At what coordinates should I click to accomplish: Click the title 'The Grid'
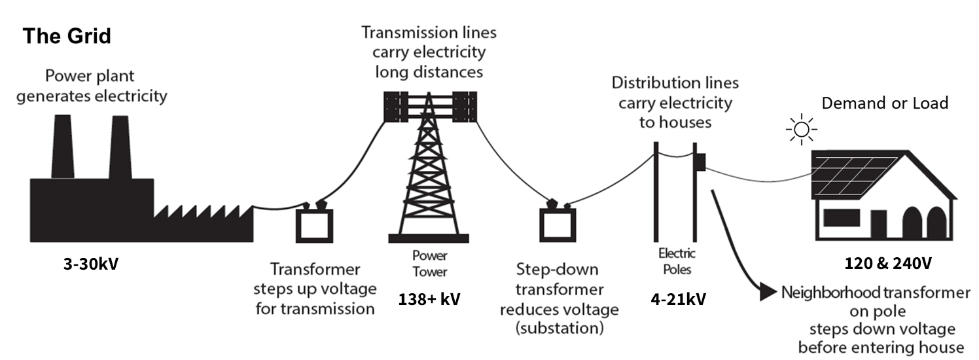[x=67, y=36]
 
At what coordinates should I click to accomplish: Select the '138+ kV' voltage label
[x=429, y=300]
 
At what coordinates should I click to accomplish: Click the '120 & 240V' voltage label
[x=888, y=264]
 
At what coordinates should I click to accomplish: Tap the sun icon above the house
[x=800, y=129]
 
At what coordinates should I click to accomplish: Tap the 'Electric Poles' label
[x=677, y=261]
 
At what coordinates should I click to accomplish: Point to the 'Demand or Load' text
[x=885, y=103]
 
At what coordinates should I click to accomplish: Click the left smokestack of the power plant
[x=63, y=147]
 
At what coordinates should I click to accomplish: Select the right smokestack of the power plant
[x=120, y=147]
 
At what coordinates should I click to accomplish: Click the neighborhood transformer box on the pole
[x=700, y=162]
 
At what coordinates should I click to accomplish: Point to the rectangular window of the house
[x=841, y=218]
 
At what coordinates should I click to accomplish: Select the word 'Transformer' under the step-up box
[x=316, y=270]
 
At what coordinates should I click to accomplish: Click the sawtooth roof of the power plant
[x=203, y=213]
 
